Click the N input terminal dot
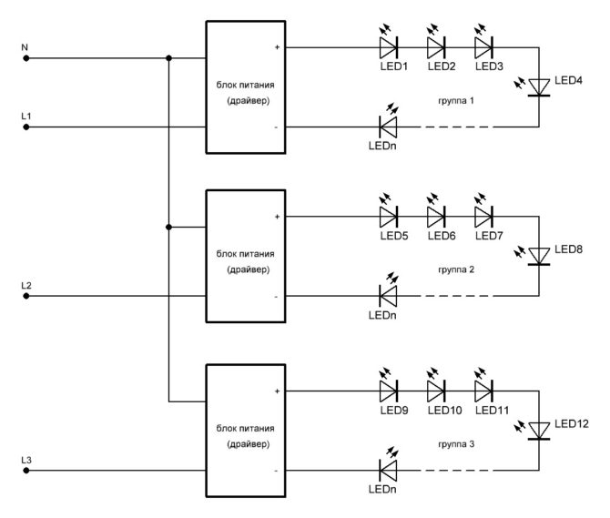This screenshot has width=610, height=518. tap(26, 58)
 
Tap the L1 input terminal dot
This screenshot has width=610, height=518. tap(26, 127)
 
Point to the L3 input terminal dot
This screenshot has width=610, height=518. tap(26, 472)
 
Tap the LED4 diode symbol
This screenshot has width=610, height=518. tap(539, 86)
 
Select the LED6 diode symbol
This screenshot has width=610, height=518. tap(436, 216)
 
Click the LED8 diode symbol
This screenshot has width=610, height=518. tap(539, 256)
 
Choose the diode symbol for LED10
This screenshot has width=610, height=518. tap(436, 391)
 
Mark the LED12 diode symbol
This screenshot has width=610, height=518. tap(539, 430)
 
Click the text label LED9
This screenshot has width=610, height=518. tap(393, 411)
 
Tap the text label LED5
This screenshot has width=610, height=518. tap(393, 236)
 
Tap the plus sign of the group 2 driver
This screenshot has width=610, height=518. tap(277, 217)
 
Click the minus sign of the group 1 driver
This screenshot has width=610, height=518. tap(277, 127)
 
